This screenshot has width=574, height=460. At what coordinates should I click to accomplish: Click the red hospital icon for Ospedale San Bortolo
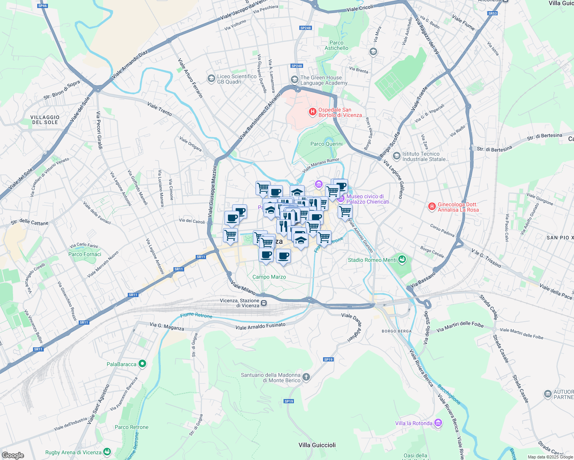coord(313,112)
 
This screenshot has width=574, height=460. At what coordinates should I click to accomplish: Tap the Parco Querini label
coord(326,144)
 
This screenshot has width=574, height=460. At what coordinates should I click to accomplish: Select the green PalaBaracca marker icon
coord(142,364)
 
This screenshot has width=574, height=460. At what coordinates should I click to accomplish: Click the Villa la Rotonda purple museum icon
coord(438,423)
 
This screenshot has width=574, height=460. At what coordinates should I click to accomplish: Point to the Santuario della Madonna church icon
coord(306,377)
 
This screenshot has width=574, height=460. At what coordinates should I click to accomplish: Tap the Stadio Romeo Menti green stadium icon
coord(402,260)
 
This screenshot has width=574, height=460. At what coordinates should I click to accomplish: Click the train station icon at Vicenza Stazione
coord(264,303)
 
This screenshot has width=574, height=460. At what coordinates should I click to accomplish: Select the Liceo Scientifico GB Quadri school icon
coord(211,79)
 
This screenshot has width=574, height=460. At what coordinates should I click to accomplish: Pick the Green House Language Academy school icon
coord(295,80)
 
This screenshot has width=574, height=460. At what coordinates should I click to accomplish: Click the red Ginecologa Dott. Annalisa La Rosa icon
coord(432,207)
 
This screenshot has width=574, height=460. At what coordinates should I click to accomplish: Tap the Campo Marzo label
coord(269,277)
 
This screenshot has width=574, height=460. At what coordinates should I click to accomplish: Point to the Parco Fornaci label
coord(85,254)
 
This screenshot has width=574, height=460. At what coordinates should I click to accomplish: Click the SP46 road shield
coord(43,6)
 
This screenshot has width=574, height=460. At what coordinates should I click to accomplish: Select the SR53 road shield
coord(492,13)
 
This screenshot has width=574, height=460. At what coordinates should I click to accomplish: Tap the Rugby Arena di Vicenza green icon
coord(107,452)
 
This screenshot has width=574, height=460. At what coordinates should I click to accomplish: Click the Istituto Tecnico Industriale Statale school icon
coord(396,156)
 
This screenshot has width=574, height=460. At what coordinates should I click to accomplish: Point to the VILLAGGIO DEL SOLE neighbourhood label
coord(45,120)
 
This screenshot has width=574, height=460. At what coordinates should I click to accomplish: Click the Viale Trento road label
coord(160,109)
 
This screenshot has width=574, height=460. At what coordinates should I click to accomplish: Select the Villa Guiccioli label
coord(317,445)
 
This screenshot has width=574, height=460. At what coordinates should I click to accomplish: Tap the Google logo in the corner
coord(13,455)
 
